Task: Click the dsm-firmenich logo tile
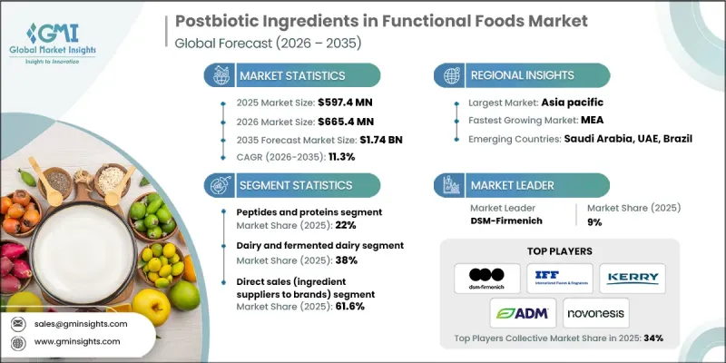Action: coord(486,278)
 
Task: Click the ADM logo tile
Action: coord(523,315)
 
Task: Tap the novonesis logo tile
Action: coord(595,315)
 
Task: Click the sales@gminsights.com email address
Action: coord(81,324)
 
